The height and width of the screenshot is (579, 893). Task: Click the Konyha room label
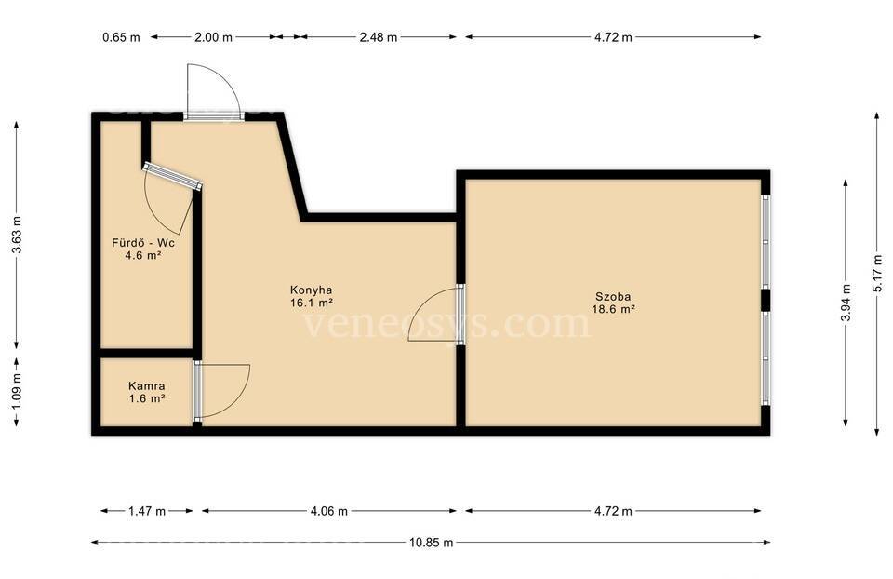point(311,289)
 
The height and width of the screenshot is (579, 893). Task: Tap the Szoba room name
point(613,296)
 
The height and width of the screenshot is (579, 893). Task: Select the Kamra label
point(147,385)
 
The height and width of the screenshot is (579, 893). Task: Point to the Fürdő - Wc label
point(143,243)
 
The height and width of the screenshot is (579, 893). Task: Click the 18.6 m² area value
point(613,309)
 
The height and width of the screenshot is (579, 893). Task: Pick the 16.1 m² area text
point(312,303)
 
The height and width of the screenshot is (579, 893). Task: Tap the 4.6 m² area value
point(143,255)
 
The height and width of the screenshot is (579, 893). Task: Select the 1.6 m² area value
point(147,398)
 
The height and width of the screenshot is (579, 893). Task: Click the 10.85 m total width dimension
point(431,543)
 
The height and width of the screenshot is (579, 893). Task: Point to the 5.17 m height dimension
point(876,274)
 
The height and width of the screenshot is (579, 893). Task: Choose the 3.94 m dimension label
point(846,303)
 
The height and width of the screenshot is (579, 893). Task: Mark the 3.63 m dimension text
point(17,235)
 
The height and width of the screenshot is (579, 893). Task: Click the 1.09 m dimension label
point(17,390)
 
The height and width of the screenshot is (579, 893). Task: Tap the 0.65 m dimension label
point(121,37)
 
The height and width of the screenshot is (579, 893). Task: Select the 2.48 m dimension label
point(379,37)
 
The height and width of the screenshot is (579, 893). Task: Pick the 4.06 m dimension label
point(328,511)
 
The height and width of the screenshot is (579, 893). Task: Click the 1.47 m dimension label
point(147,511)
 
